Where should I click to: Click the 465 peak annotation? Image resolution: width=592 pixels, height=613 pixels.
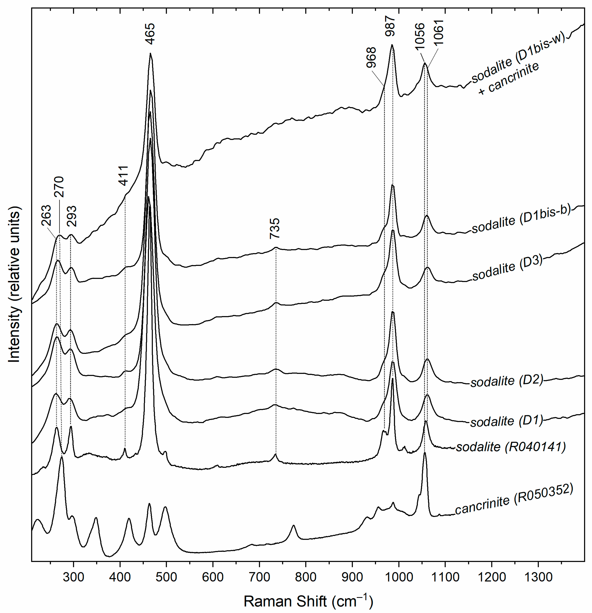[150, 34]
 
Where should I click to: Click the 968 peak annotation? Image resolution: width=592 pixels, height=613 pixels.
[371, 58]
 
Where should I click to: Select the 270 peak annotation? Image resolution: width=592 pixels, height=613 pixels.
[59, 187]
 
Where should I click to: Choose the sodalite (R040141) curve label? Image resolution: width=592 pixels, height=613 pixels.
[511, 447]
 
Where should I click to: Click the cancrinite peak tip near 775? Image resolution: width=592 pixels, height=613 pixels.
[293, 525]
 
